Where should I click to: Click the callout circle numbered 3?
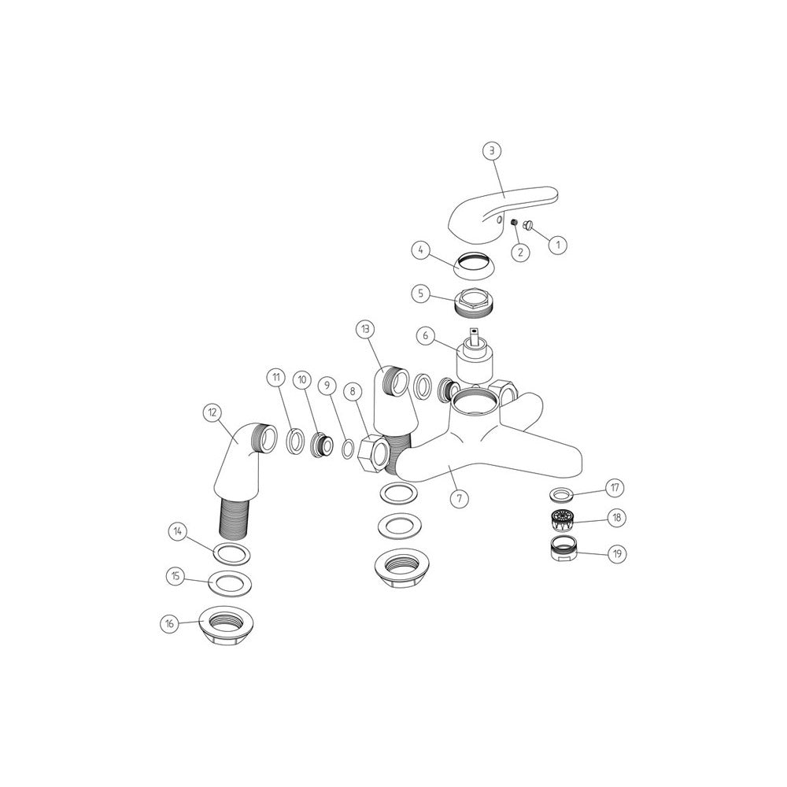click(492, 150)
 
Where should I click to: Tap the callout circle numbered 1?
click(557, 245)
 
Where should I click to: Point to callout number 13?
click(365, 329)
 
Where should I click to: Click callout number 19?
click(617, 553)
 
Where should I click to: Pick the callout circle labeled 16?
click(170, 624)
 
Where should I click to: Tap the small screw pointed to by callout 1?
click(529, 227)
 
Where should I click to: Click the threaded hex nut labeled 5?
click(475, 303)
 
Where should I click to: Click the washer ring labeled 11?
click(294, 442)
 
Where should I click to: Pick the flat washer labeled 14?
click(232, 554)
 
